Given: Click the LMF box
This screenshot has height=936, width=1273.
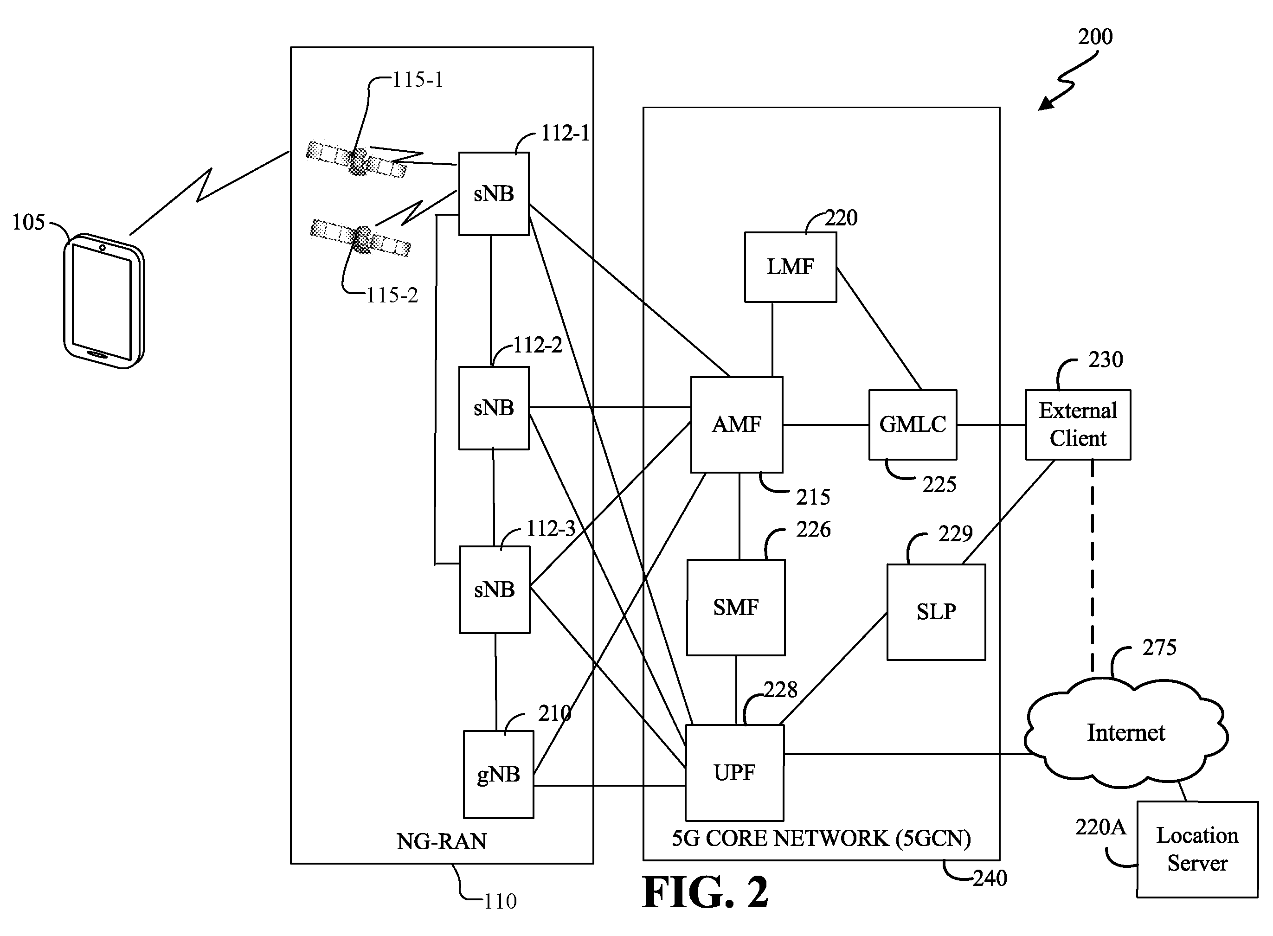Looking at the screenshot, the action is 791,267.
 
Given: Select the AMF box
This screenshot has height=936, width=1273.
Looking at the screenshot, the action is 737,424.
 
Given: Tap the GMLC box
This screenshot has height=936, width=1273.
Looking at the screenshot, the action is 913,424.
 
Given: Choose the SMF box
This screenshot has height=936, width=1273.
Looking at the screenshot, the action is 736,608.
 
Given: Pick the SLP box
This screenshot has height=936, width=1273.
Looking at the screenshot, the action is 936,612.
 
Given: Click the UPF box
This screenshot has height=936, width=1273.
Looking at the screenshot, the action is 735,773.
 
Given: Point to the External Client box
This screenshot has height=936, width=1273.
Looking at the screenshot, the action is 1078,424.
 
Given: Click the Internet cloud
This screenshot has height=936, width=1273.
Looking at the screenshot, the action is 1125,732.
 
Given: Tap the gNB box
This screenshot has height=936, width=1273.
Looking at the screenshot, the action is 499,775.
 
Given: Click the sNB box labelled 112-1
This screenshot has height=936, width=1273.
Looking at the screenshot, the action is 494,194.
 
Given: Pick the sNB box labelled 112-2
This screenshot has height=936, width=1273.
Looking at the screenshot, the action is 494,408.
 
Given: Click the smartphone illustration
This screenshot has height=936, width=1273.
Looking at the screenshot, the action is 103,301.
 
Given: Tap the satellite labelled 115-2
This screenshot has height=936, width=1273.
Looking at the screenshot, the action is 361,238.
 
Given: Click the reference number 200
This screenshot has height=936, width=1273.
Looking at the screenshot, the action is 1095,37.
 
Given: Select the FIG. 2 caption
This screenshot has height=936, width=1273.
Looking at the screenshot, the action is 705,893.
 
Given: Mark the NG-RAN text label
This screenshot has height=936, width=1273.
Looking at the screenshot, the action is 442,841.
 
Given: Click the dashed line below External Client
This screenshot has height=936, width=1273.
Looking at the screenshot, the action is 1092,567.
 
